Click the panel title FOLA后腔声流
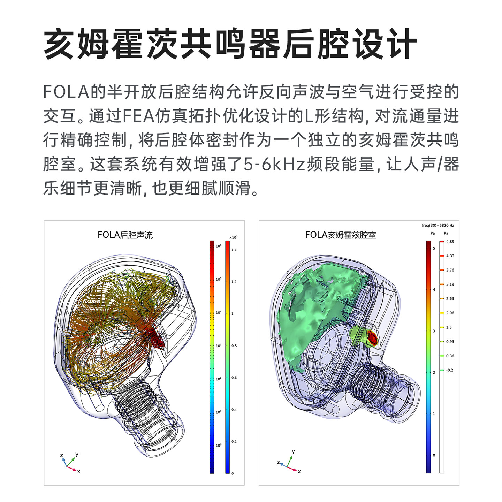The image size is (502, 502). point(125,235)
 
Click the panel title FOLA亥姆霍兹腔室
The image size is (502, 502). point(341,235)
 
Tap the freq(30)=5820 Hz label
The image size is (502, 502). point(438,225)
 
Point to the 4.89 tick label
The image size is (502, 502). point(450,242)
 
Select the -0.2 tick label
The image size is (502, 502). point(450,370)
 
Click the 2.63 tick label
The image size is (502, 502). point(450,299)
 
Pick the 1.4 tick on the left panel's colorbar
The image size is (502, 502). point(234,250)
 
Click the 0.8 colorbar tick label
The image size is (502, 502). point(234,346)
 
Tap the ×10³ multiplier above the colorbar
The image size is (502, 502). point(233,237)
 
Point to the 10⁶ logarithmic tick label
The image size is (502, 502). point(219,246)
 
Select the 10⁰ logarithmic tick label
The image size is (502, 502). point(219,445)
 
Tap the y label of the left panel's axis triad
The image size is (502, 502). point(77,454)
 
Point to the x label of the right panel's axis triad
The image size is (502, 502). point(299,471)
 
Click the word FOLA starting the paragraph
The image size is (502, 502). point(66,92)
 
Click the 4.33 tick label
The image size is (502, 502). point(450,256)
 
